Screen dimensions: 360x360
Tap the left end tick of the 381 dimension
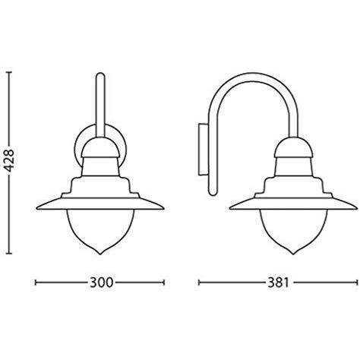point(198,283)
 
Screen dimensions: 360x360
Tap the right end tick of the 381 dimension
point(349,283)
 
